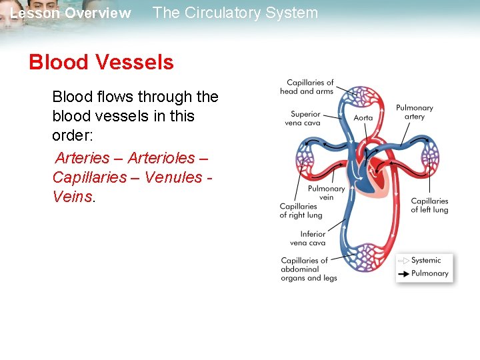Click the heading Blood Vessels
click(x=101, y=63)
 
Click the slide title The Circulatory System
click(x=235, y=13)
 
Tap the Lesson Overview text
click(x=71, y=13)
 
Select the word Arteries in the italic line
click(x=82, y=158)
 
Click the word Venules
click(x=173, y=177)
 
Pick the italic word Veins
click(x=72, y=197)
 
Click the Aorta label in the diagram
click(x=363, y=118)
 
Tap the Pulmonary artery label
click(x=414, y=112)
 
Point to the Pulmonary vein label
click(x=326, y=193)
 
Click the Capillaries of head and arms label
click(x=307, y=87)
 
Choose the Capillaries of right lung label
click(x=301, y=211)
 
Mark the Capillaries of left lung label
click(x=429, y=205)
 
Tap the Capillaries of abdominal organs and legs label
click(x=309, y=269)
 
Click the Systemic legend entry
click(x=426, y=260)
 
